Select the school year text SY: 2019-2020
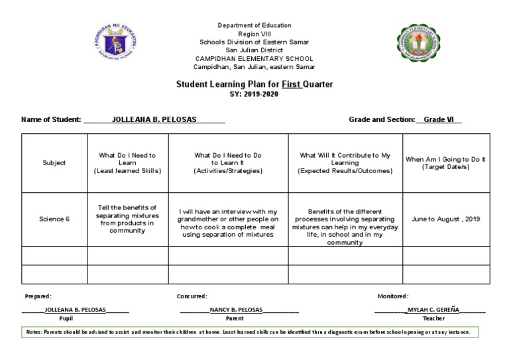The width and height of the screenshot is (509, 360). pos(254,94)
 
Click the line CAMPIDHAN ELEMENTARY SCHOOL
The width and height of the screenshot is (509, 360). pos(254,58)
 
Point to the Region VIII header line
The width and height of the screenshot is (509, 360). pos(254,33)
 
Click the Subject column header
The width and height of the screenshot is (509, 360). pos(54,163)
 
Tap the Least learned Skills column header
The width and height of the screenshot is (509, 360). pos(127,163)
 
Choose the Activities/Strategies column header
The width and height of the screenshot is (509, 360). pos(228,163)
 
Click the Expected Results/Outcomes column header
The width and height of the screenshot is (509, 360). pos(345,163)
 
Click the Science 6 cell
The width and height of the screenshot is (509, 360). pos(54,219)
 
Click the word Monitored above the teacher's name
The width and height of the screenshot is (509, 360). pos(392,296)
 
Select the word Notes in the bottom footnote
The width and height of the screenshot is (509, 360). pos(33,331)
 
